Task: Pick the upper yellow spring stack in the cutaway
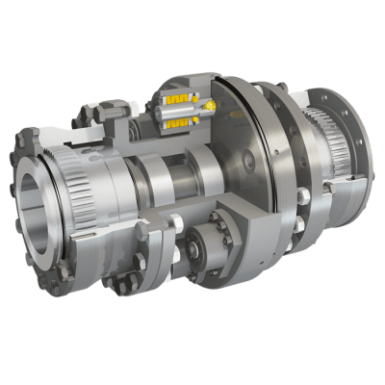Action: click(x=179, y=100)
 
